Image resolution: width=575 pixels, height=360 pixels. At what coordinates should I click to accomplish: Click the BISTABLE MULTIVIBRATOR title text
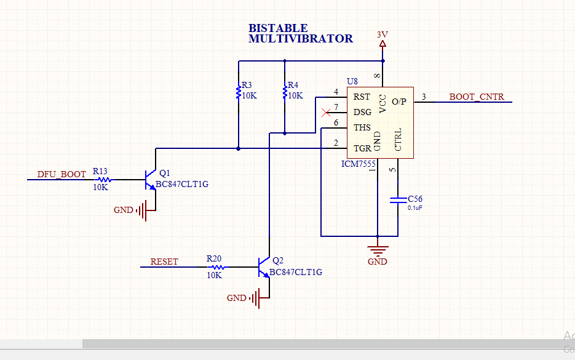point(300,33)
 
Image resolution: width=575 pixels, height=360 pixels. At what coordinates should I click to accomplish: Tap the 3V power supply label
point(383,34)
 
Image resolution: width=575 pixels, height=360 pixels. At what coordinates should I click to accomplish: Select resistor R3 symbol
point(238,92)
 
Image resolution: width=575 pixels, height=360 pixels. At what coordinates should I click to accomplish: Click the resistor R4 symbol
point(284,92)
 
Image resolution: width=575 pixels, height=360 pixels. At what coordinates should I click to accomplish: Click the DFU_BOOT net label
point(61,174)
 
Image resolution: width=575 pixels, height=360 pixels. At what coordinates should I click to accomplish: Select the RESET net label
point(164,262)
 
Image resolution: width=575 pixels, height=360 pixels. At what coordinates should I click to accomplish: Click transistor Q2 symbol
point(264,267)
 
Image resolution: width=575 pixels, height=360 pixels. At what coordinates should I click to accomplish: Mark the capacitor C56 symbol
point(398,199)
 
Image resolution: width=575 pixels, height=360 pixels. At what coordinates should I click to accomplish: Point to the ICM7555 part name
point(359,164)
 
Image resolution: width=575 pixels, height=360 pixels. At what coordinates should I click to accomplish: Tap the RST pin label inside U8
point(362,97)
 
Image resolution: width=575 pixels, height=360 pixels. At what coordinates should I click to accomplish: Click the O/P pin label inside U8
point(399,101)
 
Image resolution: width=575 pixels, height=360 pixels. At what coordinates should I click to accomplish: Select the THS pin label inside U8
point(362,127)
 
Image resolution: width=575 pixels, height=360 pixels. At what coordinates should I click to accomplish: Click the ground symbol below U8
point(378,249)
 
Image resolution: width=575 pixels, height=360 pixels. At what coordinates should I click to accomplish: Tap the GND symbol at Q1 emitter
point(143,210)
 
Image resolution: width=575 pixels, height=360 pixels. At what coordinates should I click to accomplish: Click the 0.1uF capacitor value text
point(415,208)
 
